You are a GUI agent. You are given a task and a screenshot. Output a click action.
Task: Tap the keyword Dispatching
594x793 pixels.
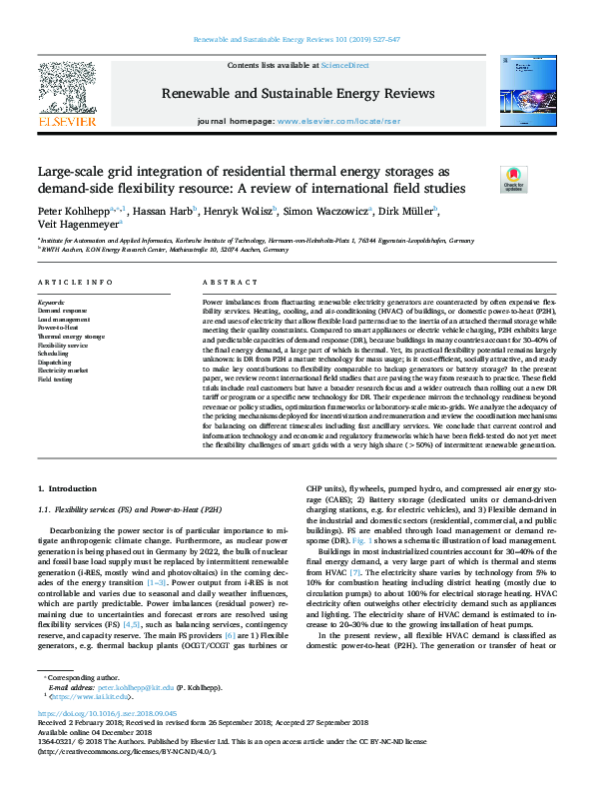55,363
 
